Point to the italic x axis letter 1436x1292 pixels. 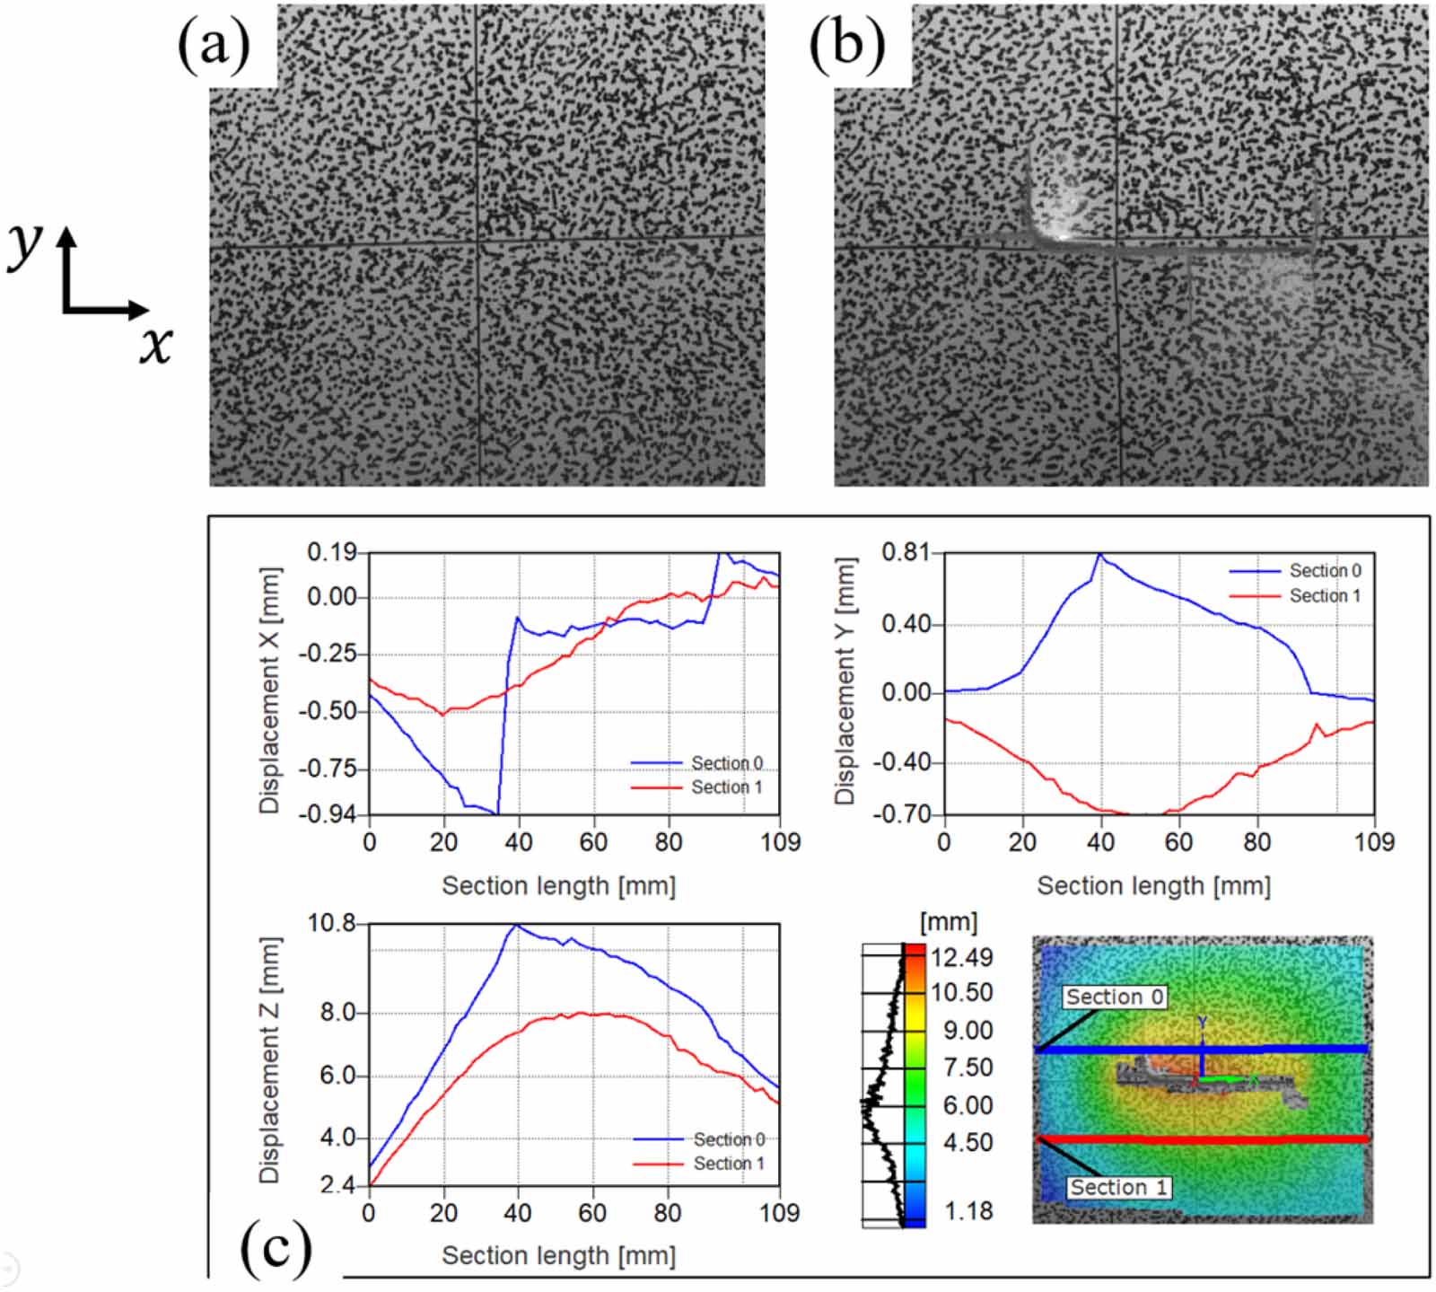(155, 345)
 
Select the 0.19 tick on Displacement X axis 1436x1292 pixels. (331, 552)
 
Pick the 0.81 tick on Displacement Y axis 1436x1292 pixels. (905, 552)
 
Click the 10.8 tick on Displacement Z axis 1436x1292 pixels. (331, 923)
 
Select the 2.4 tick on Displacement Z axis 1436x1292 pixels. (337, 1186)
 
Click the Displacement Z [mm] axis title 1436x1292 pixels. (269, 1059)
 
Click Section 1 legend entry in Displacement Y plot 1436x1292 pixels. (1325, 596)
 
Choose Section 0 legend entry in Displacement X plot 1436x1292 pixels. (726, 763)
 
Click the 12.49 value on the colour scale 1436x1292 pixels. (961, 958)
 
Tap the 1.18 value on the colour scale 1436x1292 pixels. (968, 1211)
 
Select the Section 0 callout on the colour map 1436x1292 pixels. (1114, 998)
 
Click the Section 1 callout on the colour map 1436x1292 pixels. (1118, 1188)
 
